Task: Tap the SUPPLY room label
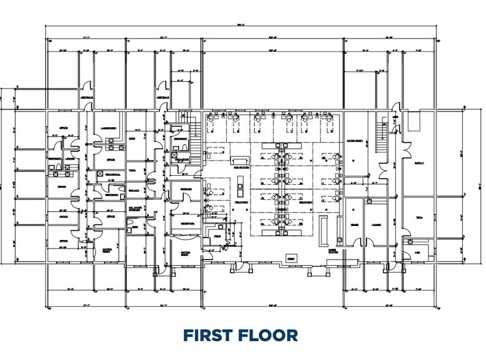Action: pos(419,163)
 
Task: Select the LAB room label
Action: pos(419,251)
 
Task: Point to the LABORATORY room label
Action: pos(108,128)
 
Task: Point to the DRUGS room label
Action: pos(62,187)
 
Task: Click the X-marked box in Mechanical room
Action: pos(101,173)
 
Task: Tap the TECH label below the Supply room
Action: pos(419,217)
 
